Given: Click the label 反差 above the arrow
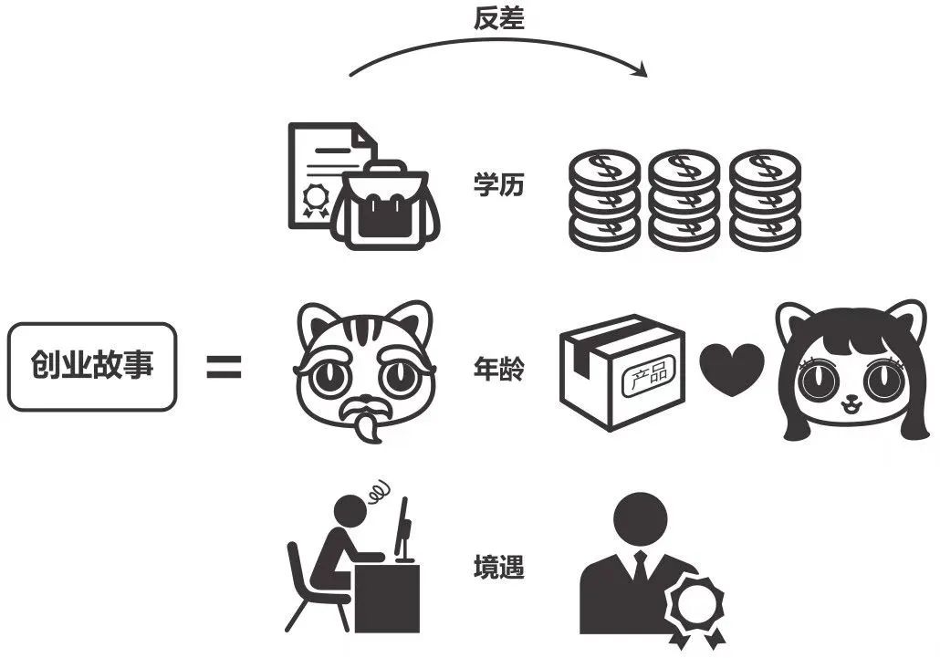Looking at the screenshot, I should (498, 19).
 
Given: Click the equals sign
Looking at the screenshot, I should (223, 367).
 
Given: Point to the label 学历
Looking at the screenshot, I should (498, 184).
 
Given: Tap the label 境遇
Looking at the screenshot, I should (498, 567).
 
